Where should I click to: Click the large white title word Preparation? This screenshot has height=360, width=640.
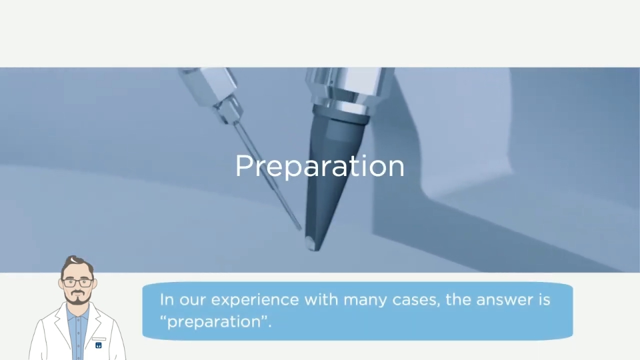pos(319,167)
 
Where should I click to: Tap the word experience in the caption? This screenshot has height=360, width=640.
pos(255,300)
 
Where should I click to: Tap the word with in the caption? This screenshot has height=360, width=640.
pos(321,299)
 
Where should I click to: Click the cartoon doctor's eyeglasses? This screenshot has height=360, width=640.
pos(77,283)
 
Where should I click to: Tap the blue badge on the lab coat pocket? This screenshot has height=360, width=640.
pos(99,345)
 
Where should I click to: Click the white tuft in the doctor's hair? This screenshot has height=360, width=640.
pos(73,260)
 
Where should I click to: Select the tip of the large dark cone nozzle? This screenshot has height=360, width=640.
pos(313,249)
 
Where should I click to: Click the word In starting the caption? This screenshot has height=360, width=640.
pos(167,299)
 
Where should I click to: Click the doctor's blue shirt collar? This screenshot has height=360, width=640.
pos(77,312)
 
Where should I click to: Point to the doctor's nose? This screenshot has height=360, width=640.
pos(77,287)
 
